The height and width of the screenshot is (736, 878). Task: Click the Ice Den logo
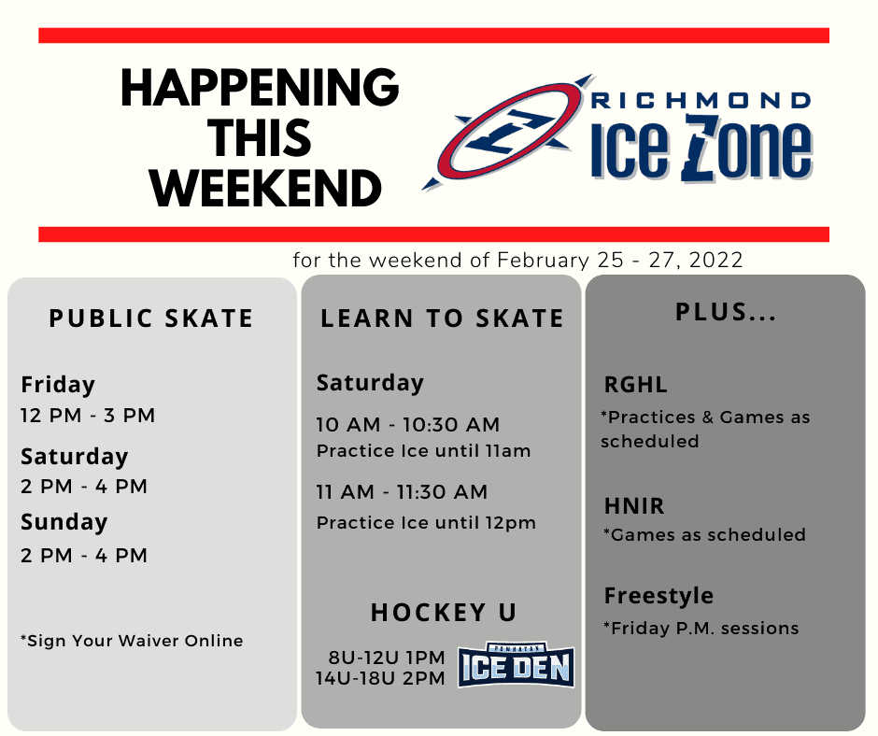516,666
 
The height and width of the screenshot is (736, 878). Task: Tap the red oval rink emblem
509,131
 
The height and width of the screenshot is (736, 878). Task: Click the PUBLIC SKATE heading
151,318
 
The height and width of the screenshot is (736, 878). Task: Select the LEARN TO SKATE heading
442,318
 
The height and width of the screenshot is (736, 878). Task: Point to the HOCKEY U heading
444,613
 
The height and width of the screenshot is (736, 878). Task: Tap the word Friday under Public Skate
58,385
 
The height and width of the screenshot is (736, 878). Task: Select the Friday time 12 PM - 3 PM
88,416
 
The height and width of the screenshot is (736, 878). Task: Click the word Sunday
64,522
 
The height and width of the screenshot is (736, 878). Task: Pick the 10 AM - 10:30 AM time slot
408,425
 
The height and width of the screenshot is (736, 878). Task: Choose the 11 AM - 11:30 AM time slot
402,492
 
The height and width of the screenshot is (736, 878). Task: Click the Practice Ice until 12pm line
426,523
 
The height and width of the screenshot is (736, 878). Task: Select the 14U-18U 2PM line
381,678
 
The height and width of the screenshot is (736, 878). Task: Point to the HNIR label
634,506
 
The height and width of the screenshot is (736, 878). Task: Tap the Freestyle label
658,596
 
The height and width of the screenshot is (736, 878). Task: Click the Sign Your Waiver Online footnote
132,641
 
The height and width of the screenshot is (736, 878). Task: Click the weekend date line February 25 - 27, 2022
518,260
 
